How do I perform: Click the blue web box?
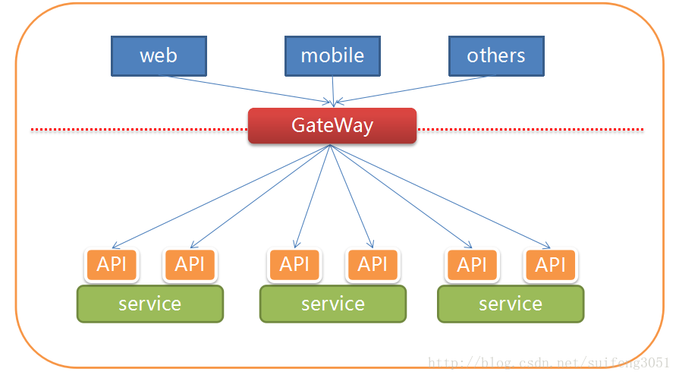159,55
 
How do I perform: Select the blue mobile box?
332,55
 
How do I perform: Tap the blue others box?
496,55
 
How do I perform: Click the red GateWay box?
332,125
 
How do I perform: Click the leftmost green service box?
149,304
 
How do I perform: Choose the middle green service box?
332,304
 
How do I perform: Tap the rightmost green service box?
511,304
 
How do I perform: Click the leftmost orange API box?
112,264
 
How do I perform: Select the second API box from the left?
190,264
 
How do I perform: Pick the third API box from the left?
294,264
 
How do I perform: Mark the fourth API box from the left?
373,264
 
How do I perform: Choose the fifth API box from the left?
472,264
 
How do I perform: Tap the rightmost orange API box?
550,264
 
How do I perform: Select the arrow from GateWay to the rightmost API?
440,196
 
